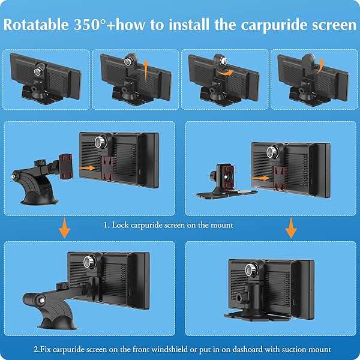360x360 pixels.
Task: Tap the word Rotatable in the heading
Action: click(36, 25)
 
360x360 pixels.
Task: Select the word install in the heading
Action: click(189, 25)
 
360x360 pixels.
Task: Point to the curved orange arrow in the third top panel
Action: click(225, 73)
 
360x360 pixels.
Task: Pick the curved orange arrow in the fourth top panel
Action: click(320, 65)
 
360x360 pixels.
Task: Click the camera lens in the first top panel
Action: click(37, 71)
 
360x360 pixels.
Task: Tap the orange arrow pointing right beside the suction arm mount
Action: click(87, 168)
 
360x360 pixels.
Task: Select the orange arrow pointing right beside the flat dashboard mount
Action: click(260, 178)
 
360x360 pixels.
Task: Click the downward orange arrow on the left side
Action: click(65, 227)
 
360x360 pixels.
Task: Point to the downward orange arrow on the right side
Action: click(291, 228)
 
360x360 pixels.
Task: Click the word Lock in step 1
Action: click(120, 225)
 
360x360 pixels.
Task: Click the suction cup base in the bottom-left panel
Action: click(58, 323)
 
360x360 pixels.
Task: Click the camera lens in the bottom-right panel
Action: click(251, 270)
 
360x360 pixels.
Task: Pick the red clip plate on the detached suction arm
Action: click(65, 166)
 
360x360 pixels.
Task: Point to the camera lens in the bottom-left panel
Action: click(88, 261)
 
